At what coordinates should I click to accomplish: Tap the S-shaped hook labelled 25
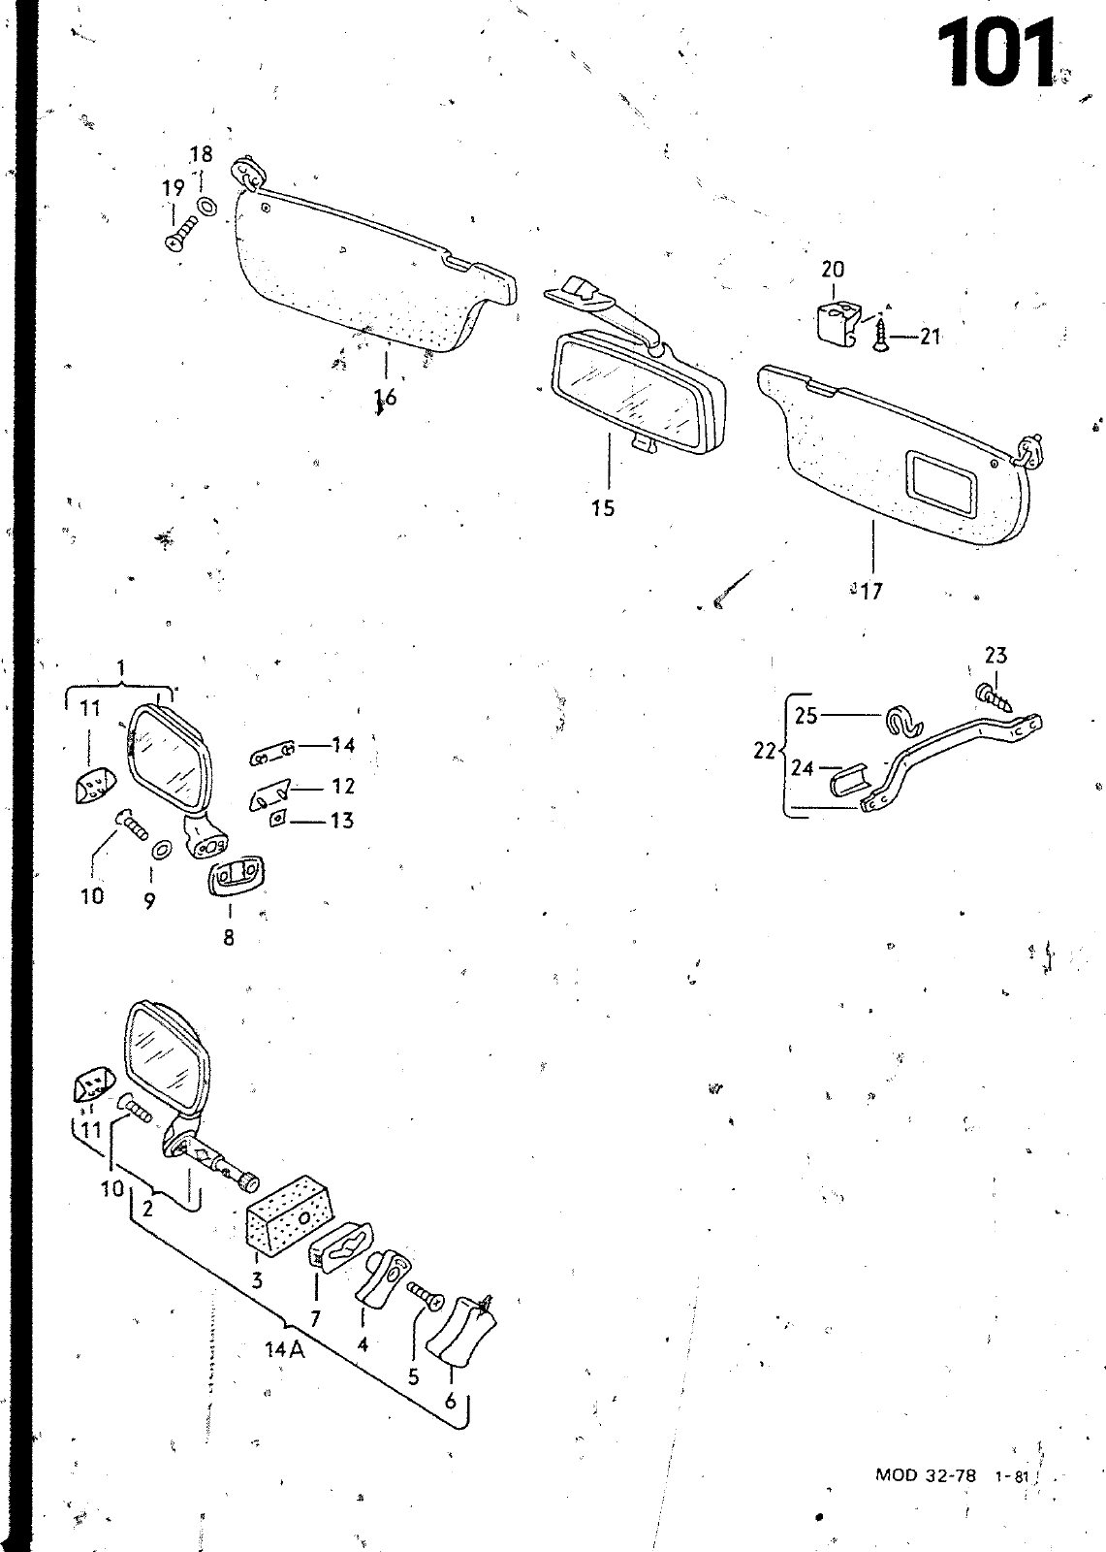pos(904,722)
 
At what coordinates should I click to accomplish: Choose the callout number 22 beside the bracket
pos(765,751)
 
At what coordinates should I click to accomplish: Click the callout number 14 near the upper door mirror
pos(343,745)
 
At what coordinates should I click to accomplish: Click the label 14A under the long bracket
pos(284,1349)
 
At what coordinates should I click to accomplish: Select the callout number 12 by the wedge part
pos(342,786)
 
